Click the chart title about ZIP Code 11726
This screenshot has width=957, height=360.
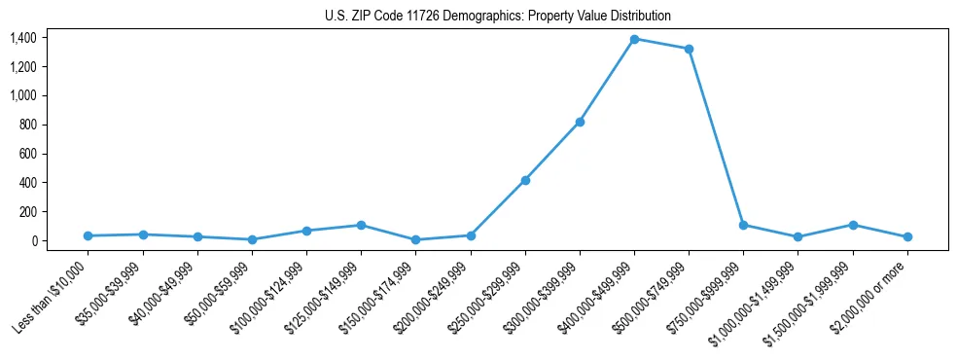pyautogui.click(x=497, y=16)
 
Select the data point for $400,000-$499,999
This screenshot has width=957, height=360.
pyautogui.click(x=634, y=39)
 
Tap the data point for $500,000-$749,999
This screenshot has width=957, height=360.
pyautogui.click(x=689, y=49)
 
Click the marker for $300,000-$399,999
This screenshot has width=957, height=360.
pyautogui.click(x=580, y=122)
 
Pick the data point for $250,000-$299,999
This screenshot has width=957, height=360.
pyautogui.click(x=525, y=180)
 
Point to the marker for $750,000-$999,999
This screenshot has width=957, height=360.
pyautogui.click(x=743, y=225)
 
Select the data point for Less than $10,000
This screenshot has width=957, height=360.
pyautogui.click(x=89, y=235)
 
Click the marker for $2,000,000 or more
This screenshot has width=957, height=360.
pyautogui.click(x=907, y=236)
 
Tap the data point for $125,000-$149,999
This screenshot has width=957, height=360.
pyautogui.click(x=361, y=225)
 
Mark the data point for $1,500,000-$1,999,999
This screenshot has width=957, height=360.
pyautogui.click(x=853, y=225)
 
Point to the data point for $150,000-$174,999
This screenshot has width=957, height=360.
pyautogui.click(x=415, y=239)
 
